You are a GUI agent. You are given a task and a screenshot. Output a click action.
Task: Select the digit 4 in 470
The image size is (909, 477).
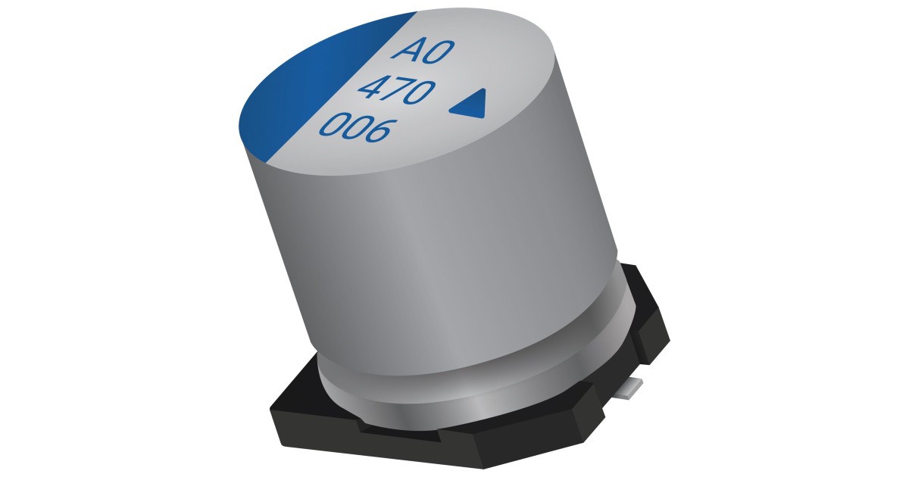tap(371, 91)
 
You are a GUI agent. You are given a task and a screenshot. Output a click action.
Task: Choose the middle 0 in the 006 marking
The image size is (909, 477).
tap(355, 130)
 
